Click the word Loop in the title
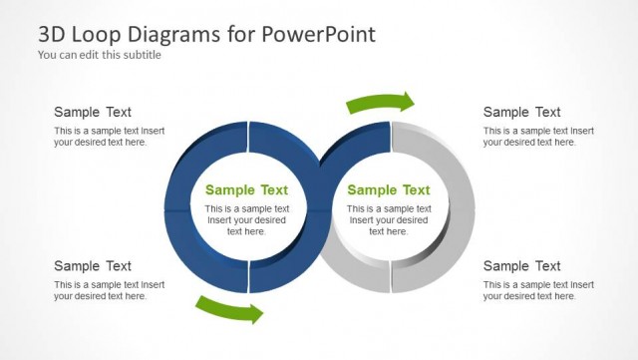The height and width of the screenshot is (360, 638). [91, 34]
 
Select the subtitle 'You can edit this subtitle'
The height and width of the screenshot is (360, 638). [100, 55]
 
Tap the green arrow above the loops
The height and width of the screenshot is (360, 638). [380, 103]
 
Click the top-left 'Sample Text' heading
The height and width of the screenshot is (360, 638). [93, 112]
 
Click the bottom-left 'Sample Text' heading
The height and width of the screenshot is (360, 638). [93, 265]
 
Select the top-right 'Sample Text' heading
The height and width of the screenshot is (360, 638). [521, 112]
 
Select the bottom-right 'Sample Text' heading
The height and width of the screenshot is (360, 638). [521, 265]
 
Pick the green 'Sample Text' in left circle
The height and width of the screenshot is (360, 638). [246, 189]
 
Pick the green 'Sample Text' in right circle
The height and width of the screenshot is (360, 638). [389, 189]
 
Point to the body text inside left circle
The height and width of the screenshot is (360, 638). [246, 219]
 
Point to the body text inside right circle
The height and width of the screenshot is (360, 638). [389, 219]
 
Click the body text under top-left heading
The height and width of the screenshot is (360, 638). [109, 137]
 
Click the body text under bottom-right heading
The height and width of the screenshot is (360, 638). [538, 290]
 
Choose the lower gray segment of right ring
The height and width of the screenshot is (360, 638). [439, 264]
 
